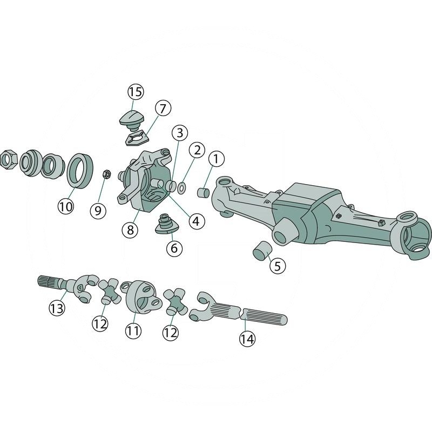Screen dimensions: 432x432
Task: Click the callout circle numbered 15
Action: tap(136, 92)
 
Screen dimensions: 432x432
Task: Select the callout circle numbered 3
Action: tap(180, 132)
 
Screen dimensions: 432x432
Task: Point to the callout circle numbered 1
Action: tap(216, 159)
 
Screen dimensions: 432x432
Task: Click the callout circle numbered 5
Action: tap(277, 266)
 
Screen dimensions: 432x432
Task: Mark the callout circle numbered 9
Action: tap(98, 210)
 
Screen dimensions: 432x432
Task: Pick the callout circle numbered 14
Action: tap(247, 339)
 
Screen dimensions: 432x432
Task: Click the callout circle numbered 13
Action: tap(57, 308)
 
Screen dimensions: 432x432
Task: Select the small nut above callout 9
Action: tap(106, 174)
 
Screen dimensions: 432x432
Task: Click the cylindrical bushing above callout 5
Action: tap(262, 252)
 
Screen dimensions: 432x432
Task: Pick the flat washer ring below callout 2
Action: tap(183, 187)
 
